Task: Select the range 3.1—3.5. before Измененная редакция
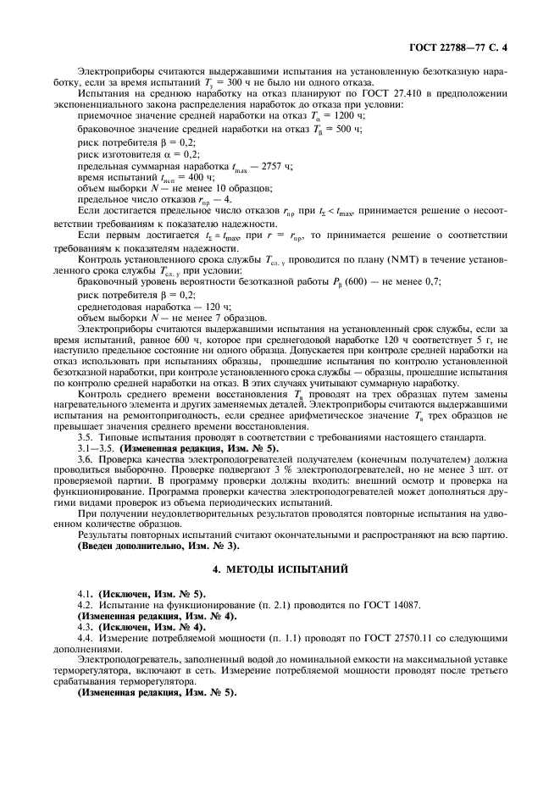tap(96, 446)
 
